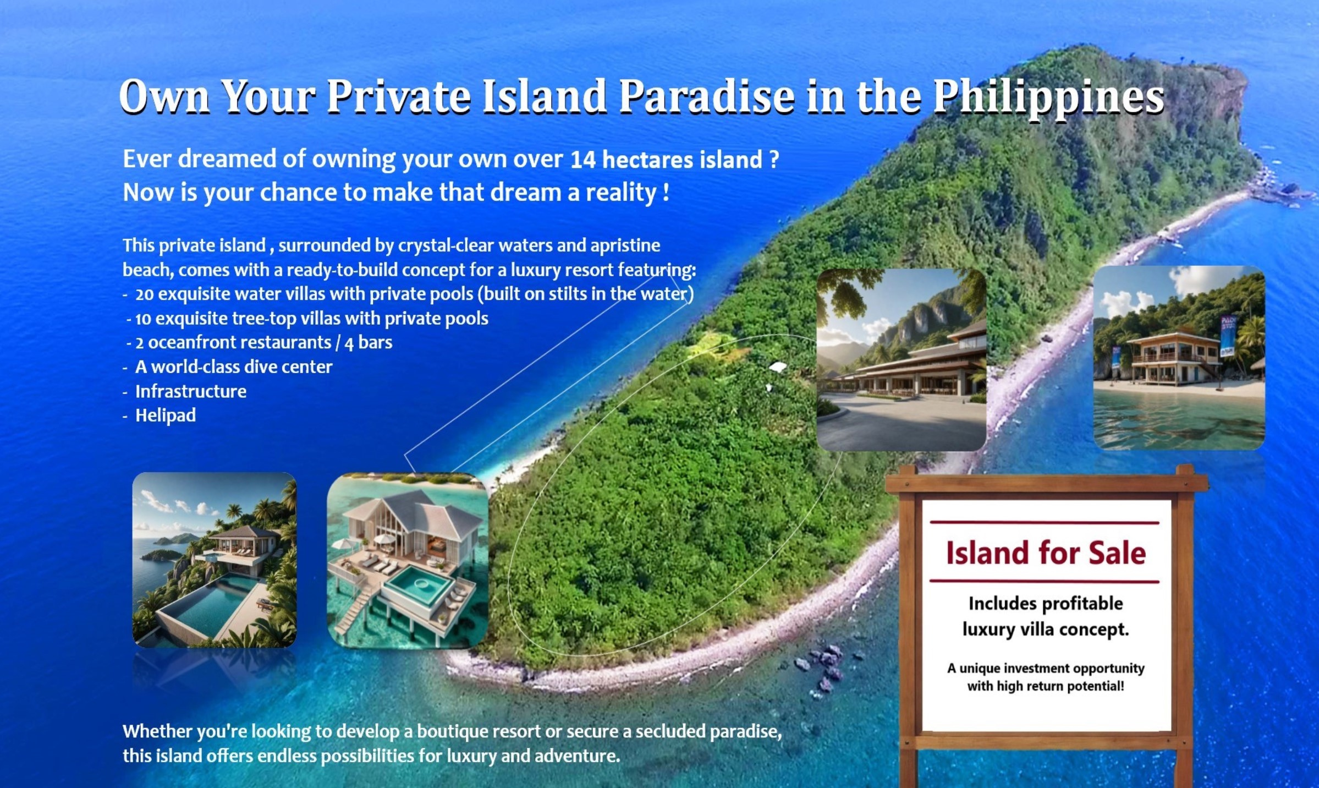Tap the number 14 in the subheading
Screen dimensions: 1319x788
pyautogui.click(x=583, y=160)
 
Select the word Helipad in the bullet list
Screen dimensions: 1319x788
pyautogui.click(x=166, y=415)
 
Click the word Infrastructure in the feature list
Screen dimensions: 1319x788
pyautogui.click(x=191, y=391)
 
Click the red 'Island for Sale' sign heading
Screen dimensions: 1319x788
pyautogui.click(x=1046, y=553)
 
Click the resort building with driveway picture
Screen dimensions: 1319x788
pyautogui.click(x=902, y=360)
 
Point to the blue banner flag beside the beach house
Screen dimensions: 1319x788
pyautogui.click(x=1227, y=336)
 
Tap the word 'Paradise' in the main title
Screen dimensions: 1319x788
pyautogui.click(x=706, y=96)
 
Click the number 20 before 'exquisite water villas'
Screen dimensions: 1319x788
pyautogui.click(x=144, y=294)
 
